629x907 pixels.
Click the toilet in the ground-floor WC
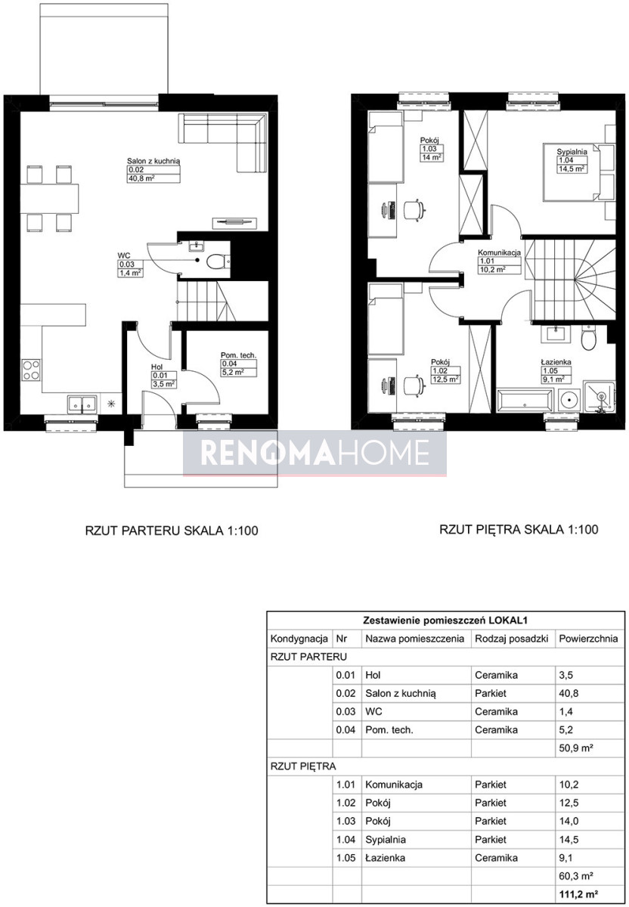click(216, 262)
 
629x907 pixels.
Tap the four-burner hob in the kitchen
click(31, 370)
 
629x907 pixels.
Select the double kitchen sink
click(82, 404)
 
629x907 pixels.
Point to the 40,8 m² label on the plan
click(142, 178)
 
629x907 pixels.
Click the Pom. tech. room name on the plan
click(239, 355)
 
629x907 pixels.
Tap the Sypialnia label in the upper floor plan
click(572, 152)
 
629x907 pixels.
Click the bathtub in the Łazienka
click(525, 401)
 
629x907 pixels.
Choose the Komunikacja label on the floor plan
click(499, 252)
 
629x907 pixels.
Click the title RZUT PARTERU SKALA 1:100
click(172, 531)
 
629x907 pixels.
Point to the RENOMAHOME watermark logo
click(314, 453)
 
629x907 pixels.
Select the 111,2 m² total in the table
click(579, 894)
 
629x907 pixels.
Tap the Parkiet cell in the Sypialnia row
click(491, 840)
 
